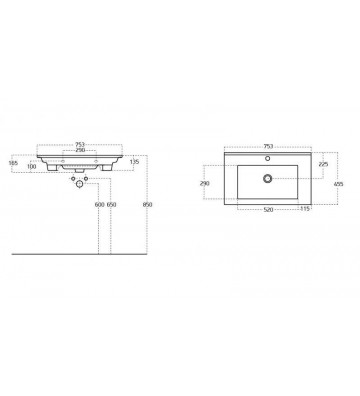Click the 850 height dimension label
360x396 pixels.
tap(147, 205)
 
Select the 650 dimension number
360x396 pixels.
tap(112, 205)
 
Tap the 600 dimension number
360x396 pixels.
tap(100, 205)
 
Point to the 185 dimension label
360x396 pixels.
tap(13, 163)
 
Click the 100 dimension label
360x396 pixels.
tap(32, 166)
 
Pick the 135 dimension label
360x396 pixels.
tap(134, 162)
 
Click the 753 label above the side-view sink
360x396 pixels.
tap(80, 145)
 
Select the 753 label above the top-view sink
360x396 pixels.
tap(268, 146)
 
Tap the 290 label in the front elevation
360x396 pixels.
tap(80, 150)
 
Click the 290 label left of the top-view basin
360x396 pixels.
tap(204, 183)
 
